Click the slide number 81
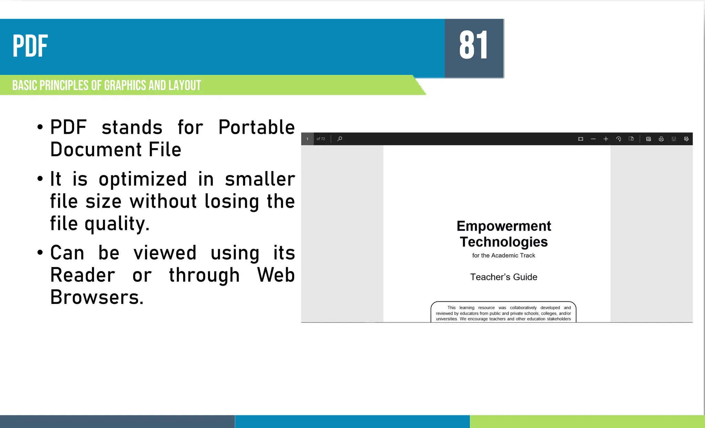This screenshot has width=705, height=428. tap(474, 45)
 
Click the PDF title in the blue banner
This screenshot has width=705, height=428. tap(30, 46)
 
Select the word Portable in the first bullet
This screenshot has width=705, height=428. tap(256, 127)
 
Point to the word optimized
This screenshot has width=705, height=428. tap(143, 179)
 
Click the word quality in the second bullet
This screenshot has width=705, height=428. tap(116, 224)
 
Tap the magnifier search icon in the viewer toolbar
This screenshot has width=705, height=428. tap(340, 139)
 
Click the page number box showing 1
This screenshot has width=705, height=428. tap(307, 139)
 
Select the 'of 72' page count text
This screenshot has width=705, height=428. tap(320, 139)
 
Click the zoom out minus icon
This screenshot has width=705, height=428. tap(593, 139)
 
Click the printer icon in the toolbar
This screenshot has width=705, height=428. tap(661, 139)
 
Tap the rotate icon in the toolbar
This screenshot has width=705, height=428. tap(619, 139)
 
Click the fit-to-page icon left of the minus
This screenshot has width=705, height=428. tap(581, 139)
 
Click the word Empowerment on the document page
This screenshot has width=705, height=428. tap(504, 226)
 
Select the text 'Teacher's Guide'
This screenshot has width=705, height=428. tap(504, 277)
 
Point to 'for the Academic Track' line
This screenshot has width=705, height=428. tap(504, 255)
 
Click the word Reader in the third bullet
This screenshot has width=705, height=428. tap(83, 275)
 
